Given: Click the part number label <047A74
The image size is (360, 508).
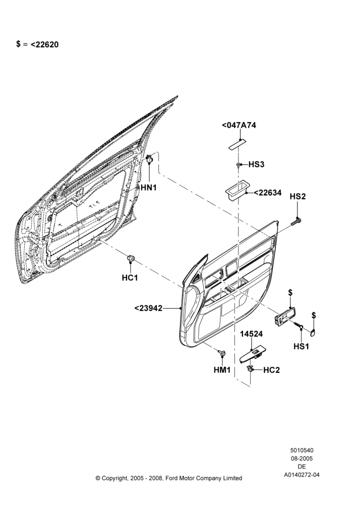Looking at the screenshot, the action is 238,125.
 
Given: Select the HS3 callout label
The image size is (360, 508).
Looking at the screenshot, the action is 257,164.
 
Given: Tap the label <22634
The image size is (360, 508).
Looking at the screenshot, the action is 267,193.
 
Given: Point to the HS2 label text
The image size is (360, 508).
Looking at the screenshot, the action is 298,196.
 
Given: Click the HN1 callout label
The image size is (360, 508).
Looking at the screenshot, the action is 148,187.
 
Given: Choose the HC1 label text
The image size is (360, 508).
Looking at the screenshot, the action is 130,278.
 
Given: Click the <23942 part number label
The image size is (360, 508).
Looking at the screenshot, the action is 148,308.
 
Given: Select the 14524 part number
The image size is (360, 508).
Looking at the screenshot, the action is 251,334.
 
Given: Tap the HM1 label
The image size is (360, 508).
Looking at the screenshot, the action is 222,370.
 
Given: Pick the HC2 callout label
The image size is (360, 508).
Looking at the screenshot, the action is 272,370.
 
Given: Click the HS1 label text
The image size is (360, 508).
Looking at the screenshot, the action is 302,346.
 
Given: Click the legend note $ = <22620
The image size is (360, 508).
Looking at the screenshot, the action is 37,44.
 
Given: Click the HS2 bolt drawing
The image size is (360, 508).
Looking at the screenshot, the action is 296,222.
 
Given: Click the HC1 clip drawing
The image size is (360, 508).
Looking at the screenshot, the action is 131,258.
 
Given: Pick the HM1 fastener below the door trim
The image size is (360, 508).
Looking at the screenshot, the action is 222,353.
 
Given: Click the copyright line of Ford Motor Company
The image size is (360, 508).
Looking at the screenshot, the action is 169,478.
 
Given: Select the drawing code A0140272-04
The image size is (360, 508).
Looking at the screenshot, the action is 302,475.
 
